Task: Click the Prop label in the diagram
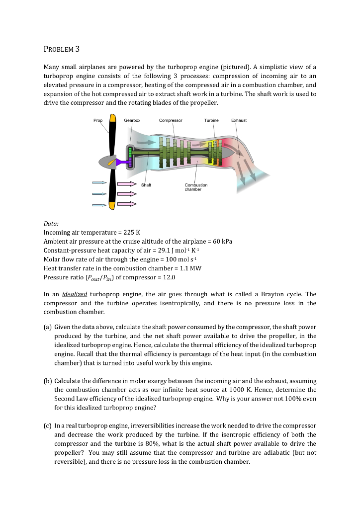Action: pos(98,120)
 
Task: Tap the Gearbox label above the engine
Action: pos(132,120)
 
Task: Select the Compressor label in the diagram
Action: pos(171,120)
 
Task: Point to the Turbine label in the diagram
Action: pos(211,120)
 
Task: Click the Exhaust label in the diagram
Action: pos(239,120)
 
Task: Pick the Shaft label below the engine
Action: pos(146,185)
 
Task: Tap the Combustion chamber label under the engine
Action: pos(195,187)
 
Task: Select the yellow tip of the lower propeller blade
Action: pos(112,205)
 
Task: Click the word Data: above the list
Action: pos(51,223)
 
